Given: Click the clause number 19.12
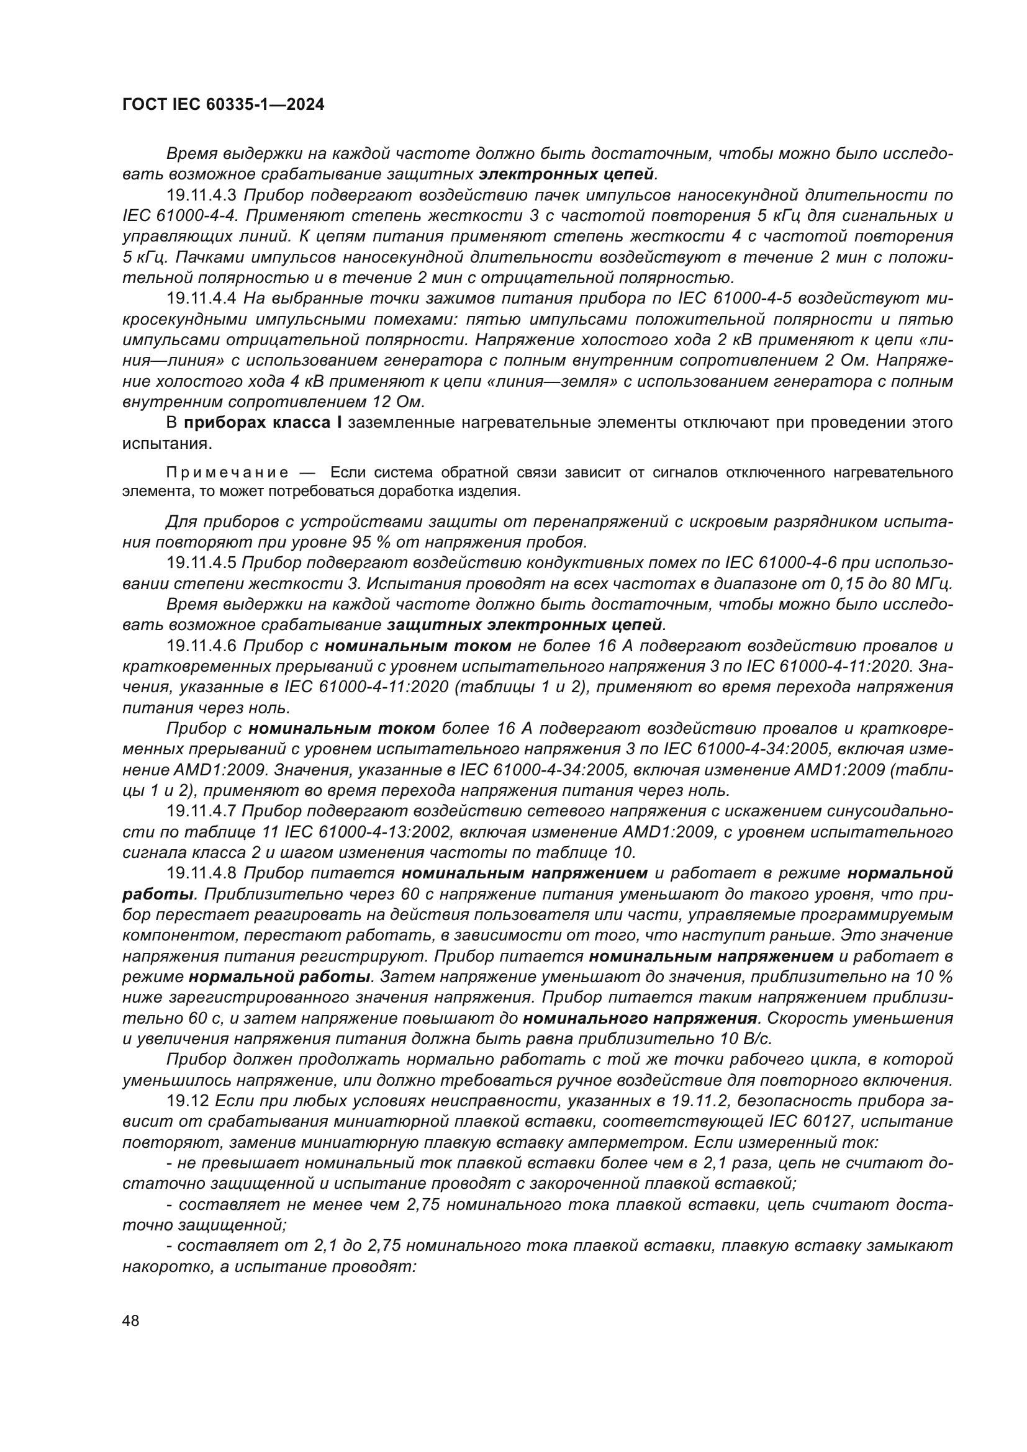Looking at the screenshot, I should (x=187, y=1101).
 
